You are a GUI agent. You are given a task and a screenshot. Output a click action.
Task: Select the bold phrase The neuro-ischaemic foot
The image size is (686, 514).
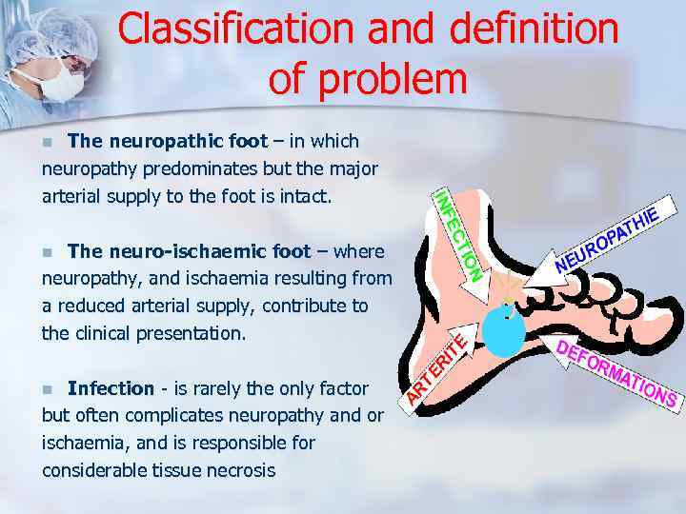point(189,251)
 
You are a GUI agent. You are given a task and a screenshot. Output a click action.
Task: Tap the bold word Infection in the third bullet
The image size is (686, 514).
point(111,388)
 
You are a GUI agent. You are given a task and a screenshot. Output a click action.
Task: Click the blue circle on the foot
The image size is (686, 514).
point(502,328)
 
